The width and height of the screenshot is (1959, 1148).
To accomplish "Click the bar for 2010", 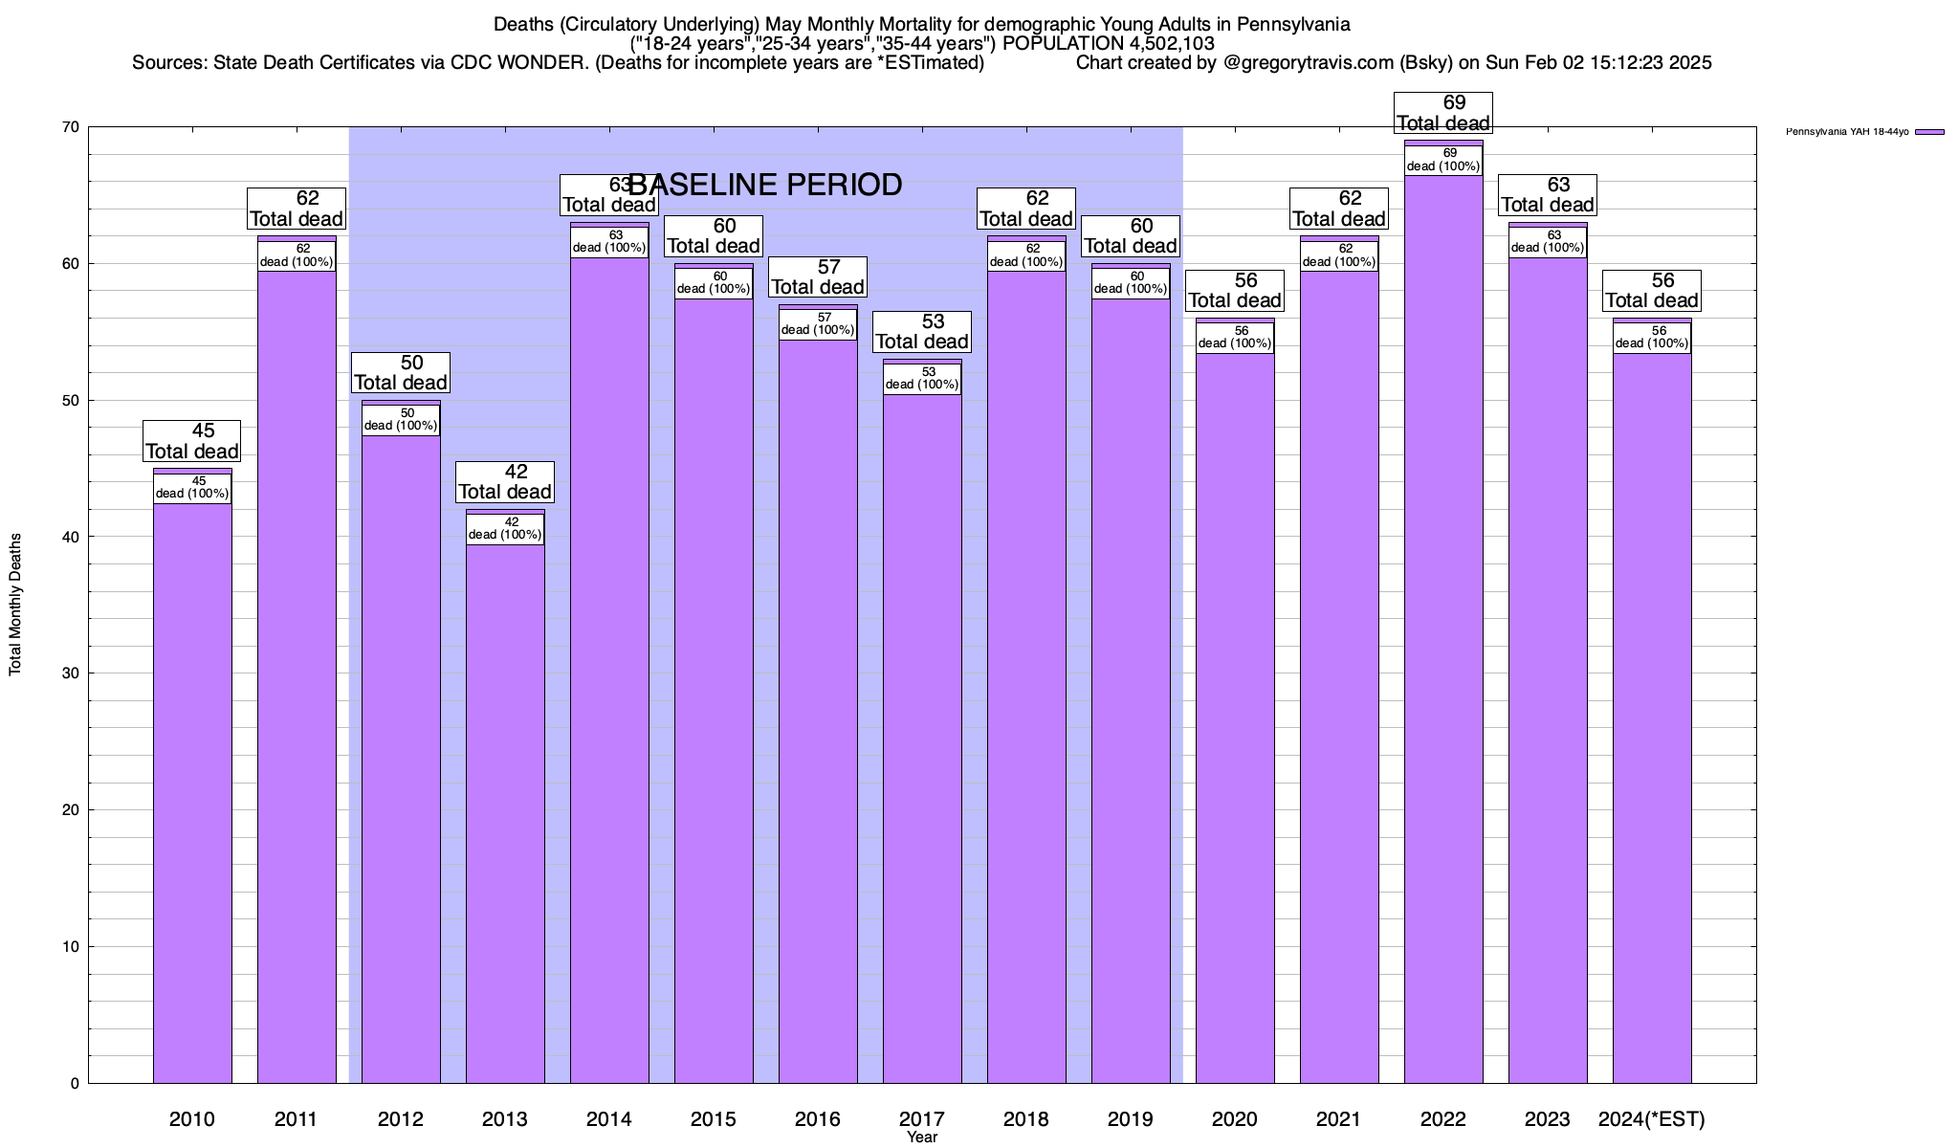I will [x=192, y=784].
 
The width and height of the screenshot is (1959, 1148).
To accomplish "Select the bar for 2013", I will [x=505, y=813].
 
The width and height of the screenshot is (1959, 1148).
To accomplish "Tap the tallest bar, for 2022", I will [x=1443, y=622].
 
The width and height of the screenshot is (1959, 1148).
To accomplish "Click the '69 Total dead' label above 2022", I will [x=1443, y=113].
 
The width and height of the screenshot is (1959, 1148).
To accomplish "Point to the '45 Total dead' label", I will [x=192, y=441].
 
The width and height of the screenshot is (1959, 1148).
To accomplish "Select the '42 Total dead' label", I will [x=505, y=482].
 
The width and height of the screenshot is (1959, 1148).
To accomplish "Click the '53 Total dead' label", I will [x=922, y=332].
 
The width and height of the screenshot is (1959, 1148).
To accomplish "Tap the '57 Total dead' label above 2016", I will [x=818, y=277].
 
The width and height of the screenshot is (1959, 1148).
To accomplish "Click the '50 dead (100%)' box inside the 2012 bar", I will [x=401, y=420].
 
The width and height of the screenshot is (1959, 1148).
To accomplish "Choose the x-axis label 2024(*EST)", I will [x=1652, y=1119].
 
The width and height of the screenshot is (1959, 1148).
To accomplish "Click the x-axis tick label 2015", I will [x=714, y=1119].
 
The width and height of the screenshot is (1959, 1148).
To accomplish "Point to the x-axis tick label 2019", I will [x=1131, y=1119].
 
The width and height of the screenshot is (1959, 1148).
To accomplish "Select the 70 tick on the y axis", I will [x=71, y=127].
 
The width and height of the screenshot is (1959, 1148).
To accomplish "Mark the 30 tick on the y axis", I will [x=71, y=673].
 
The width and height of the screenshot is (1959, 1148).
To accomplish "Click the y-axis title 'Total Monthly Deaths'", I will [x=15, y=605].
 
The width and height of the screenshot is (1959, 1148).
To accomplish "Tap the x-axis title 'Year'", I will [x=922, y=1137].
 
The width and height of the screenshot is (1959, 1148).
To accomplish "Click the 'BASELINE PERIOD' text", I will [x=765, y=185].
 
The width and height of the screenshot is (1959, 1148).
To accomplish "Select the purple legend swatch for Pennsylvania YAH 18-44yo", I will [x=1930, y=132].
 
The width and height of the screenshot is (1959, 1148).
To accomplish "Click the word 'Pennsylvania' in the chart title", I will [x=1294, y=24].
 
